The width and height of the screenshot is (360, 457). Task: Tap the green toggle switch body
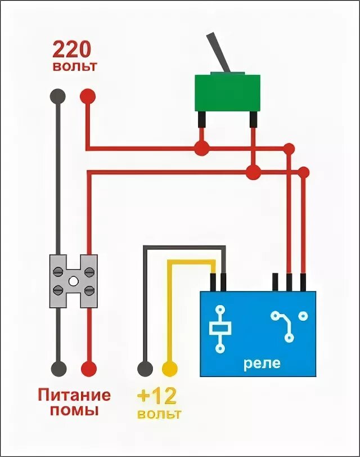pyautogui.click(x=228, y=93)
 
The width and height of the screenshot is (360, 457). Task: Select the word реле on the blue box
pyautogui.click(x=262, y=362)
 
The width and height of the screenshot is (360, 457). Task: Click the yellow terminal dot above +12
pyautogui.click(x=169, y=369)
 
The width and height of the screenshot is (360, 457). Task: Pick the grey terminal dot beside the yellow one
pyautogui.click(x=145, y=369)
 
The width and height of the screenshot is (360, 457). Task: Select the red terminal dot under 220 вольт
pyautogui.click(x=87, y=96)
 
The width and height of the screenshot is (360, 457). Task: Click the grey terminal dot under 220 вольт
pyautogui.click(x=57, y=96)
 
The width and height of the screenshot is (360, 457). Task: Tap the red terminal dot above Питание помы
pyautogui.click(x=88, y=369)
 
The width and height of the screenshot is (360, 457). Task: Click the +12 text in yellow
pyautogui.click(x=157, y=397)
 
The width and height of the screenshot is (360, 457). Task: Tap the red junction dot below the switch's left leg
pyautogui.click(x=201, y=149)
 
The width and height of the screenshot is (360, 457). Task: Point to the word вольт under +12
pyautogui.click(x=159, y=415)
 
